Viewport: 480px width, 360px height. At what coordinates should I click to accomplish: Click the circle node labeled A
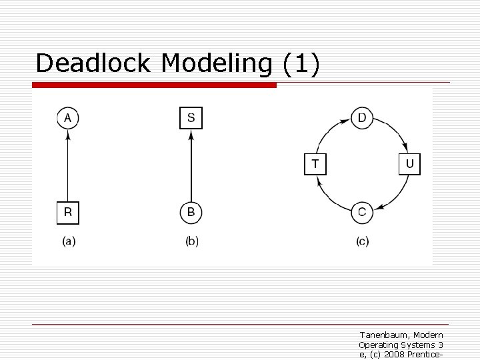point(67,119)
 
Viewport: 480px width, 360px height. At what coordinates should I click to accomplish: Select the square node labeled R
point(67,213)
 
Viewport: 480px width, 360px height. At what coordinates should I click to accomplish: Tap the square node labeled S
point(191,118)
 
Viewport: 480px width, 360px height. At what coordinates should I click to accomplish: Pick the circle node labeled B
point(191,213)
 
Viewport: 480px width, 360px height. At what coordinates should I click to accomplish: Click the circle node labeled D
point(362,119)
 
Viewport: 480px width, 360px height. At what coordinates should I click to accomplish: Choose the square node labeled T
point(315,164)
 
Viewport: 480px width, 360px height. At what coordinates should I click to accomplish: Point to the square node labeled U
point(409,164)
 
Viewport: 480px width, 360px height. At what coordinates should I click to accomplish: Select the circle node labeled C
point(362,213)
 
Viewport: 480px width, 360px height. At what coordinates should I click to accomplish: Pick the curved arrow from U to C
point(396,197)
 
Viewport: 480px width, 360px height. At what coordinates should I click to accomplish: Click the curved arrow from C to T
point(329,197)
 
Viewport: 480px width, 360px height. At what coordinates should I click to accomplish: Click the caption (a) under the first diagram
point(69,241)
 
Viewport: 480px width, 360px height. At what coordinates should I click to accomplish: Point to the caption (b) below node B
point(192,241)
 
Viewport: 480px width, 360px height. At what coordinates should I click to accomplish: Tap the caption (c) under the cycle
point(362,241)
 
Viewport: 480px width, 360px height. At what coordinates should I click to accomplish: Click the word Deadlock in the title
point(95,63)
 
